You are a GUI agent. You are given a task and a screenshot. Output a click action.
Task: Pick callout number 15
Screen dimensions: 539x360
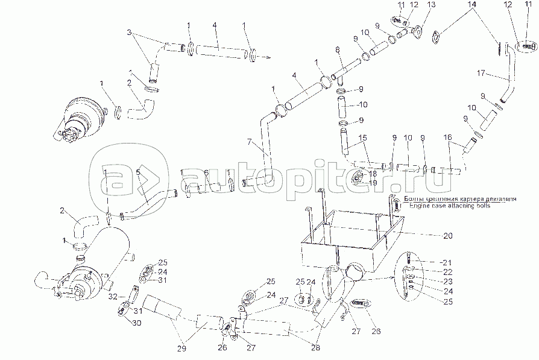click(x=363, y=138)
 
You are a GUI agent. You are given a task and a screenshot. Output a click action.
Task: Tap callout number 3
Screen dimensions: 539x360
click(x=127, y=31)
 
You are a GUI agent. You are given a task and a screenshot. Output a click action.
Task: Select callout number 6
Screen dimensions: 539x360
click(x=206, y=173)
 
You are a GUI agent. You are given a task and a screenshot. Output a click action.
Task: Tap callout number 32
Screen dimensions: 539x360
click(x=113, y=297)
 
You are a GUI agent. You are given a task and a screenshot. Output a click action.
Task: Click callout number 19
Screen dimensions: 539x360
click(x=373, y=183)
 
